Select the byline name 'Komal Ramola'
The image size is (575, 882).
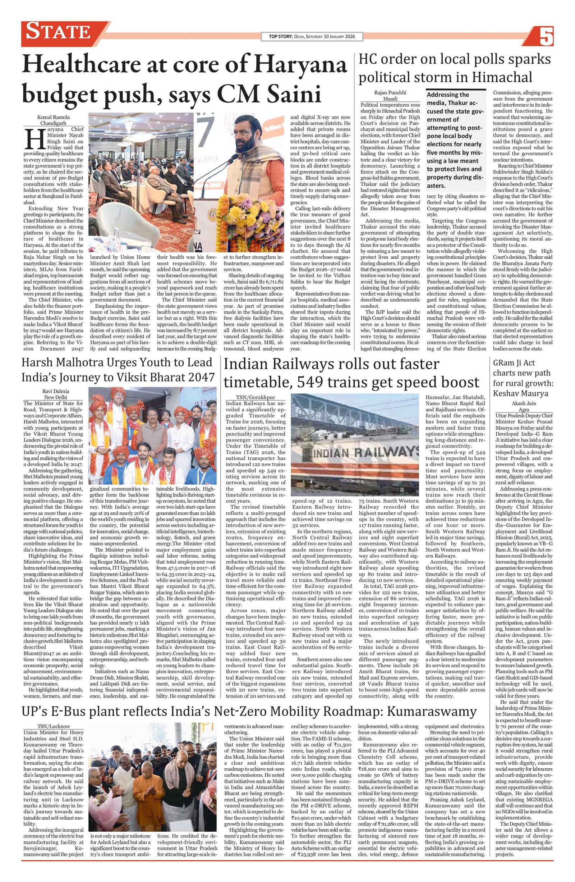pyautogui.click(x=53, y=117)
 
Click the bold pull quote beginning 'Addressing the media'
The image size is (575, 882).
pyautogui.click(x=455, y=140)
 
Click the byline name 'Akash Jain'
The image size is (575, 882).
pyautogui.click(x=524, y=403)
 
